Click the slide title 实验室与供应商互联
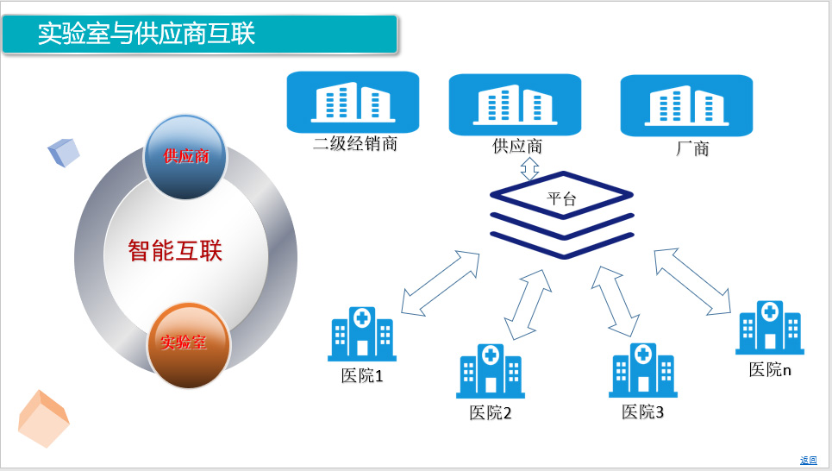pos(147,34)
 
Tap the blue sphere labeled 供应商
pos(185,157)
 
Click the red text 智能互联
pos(175,250)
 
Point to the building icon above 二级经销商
pos(353,102)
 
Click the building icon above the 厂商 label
pos(686,105)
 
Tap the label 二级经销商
pos(355,143)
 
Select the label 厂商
pos(692,148)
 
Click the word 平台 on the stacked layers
pos(561,198)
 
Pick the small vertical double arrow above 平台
pos(529,169)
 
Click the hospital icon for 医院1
pos(362,334)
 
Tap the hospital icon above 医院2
pos(491,371)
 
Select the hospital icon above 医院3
pos(643,370)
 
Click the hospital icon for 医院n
pos(770,327)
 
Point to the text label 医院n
pos(770,369)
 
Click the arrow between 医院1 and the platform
pos(441,284)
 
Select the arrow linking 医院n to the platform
pos(692,281)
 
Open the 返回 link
pos(808,461)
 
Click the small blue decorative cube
pos(64,153)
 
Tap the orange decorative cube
pos(43,419)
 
